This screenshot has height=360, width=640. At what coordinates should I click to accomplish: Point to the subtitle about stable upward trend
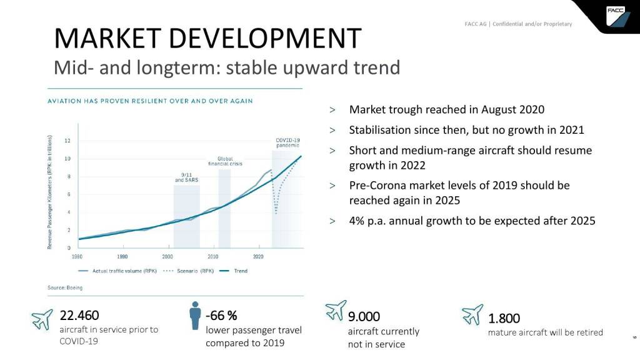click(226, 67)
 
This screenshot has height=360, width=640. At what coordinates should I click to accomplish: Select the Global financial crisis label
click(225, 161)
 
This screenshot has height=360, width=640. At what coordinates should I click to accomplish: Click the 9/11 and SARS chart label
click(186, 177)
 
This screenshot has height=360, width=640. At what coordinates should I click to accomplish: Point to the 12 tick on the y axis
click(67, 141)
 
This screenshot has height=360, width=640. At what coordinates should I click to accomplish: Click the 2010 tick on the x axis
click(213, 256)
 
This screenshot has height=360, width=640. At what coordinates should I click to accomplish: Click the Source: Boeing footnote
click(65, 287)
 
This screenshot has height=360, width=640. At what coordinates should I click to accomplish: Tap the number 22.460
click(79, 315)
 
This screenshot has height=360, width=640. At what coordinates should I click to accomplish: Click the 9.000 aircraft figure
click(364, 316)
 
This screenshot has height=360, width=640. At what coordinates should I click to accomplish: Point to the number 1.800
click(504, 319)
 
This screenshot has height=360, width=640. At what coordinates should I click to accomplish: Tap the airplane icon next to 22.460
click(42, 318)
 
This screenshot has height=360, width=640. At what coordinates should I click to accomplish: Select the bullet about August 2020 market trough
click(446, 110)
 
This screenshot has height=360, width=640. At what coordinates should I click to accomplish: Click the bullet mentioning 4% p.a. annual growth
click(472, 221)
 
